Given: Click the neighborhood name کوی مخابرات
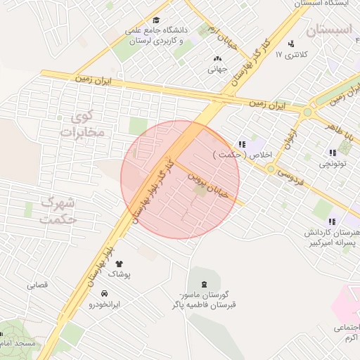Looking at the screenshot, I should (82, 123).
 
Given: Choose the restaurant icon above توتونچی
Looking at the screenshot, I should (332, 153).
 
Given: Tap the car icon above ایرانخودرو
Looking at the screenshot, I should (104, 293).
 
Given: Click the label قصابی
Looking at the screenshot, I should (37, 285).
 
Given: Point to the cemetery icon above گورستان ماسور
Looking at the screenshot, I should (204, 284).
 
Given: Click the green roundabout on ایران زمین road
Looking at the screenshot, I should (307, 111).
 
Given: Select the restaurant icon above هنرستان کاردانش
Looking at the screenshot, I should (332, 221).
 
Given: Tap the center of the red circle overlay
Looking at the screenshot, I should (180, 179).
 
